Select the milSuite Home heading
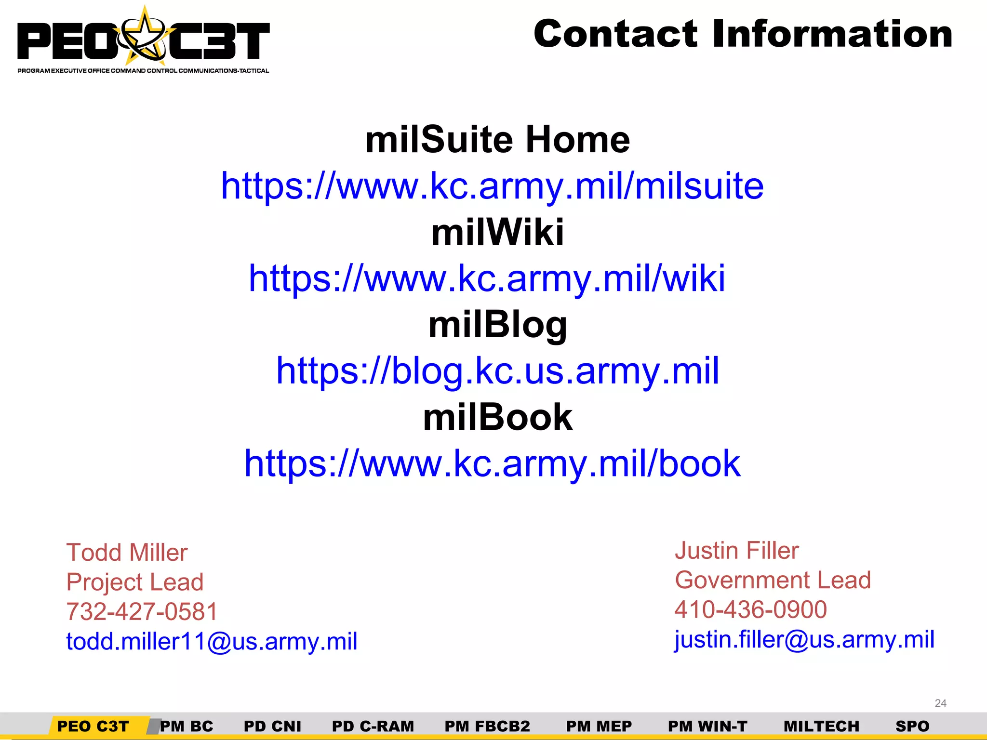tap(497, 140)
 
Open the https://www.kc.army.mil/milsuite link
tap(492, 186)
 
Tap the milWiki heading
tap(497, 232)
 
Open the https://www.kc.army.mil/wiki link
tap(487, 278)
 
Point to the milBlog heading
tap(497, 325)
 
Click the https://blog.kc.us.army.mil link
tap(497, 371)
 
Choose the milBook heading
tap(497, 417)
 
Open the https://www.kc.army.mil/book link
tap(492, 463)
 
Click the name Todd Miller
tap(127, 553)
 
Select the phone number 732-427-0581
tap(142, 612)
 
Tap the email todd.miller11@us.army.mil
tap(212, 642)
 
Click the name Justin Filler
tap(736, 551)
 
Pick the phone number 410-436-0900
tap(750, 610)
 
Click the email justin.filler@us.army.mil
tap(804, 640)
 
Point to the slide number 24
tap(940, 703)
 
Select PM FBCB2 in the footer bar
tap(487, 726)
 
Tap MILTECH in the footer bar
tap(821, 726)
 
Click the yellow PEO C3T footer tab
tap(93, 726)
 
